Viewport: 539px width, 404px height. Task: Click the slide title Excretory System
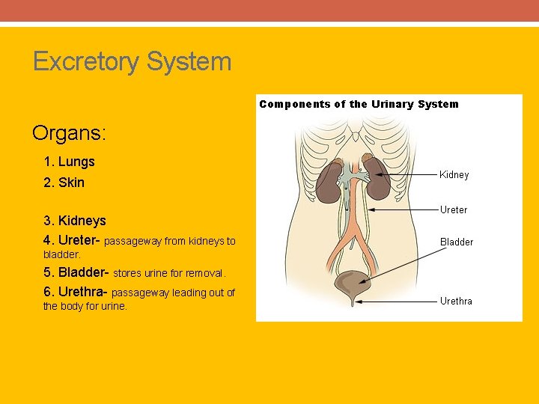(132, 61)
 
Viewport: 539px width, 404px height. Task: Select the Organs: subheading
(70, 134)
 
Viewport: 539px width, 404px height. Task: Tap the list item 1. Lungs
(69, 162)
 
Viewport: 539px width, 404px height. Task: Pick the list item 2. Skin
(64, 183)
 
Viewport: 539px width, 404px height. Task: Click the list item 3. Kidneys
(74, 221)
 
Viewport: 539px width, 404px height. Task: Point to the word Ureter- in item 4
(79, 241)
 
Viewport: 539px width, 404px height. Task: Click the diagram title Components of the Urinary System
(359, 104)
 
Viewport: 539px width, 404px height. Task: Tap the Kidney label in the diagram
(454, 175)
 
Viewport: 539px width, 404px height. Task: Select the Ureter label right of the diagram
(453, 210)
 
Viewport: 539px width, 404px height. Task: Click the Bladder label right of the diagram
(456, 242)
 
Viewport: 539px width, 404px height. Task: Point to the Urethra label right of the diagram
(455, 302)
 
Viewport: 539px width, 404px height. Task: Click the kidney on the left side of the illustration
(328, 184)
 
